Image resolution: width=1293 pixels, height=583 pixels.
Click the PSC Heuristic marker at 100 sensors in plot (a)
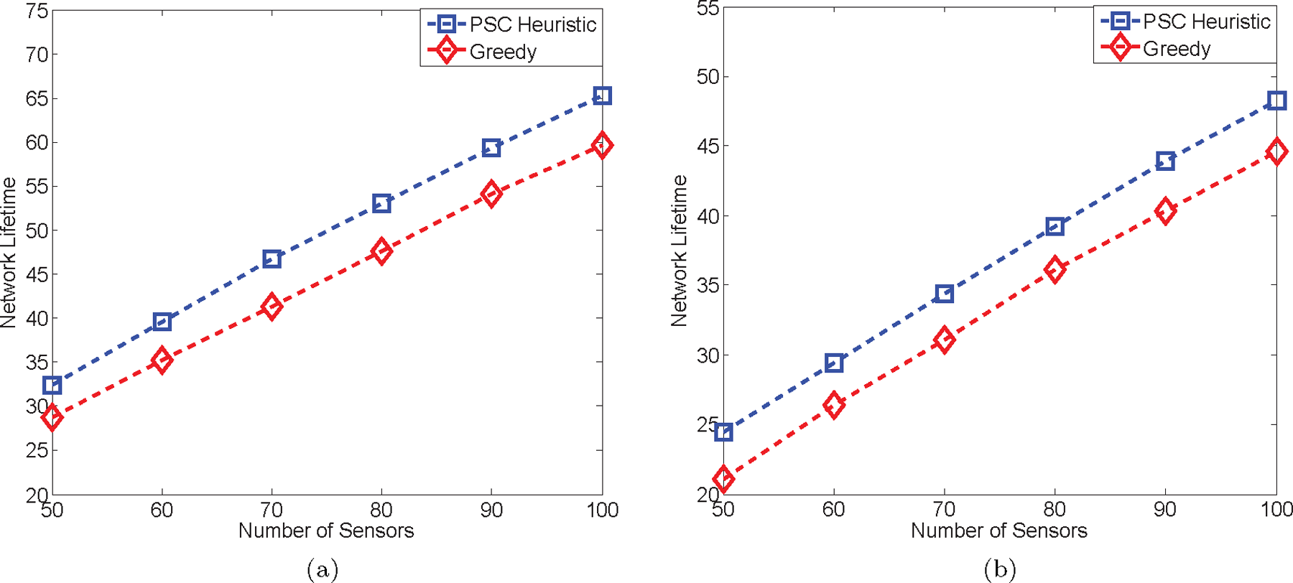pyautogui.click(x=602, y=95)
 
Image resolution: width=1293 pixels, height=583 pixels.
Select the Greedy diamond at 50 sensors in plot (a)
pyautogui.click(x=52, y=417)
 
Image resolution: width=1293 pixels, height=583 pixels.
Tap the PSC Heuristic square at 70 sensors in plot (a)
pyautogui.click(x=272, y=258)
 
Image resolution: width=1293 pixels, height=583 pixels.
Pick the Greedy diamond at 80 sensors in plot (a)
pyautogui.click(x=381, y=251)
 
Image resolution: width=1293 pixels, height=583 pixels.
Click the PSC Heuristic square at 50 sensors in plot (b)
pyautogui.click(x=723, y=432)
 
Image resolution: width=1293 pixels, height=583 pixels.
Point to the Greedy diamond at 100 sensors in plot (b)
pyautogui.click(x=1276, y=151)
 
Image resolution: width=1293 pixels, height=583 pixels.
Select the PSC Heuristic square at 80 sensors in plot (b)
pyautogui.click(x=1055, y=227)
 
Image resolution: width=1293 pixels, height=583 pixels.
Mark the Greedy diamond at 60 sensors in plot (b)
pyautogui.click(x=833, y=405)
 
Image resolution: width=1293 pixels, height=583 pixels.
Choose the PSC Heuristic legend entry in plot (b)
pyautogui.click(x=1206, y=22)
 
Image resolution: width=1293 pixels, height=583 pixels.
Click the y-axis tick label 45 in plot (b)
pyautogui.click(x=708, y=146)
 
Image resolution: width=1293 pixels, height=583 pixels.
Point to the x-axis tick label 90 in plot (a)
pyautogui.click(x=491, y=510)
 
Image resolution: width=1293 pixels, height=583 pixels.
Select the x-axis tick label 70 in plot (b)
pyautogui.click(x=944, y=509)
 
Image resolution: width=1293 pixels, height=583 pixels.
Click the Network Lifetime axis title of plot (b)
pyautogui.click(x=679, y=251)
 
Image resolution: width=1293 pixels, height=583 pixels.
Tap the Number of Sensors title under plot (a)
pyautogui.click(x=326, y=531)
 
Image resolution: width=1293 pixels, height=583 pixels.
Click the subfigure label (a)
pyautogui.click(x=322, y=569)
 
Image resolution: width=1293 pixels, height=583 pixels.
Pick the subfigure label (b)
pyautogui.click(x=999, y=569)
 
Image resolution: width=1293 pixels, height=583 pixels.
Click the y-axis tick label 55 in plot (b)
pyautogui.click(x=708, y=9)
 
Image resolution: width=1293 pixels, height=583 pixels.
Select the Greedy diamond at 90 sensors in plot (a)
pyautogui.click(x=491, y=194)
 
